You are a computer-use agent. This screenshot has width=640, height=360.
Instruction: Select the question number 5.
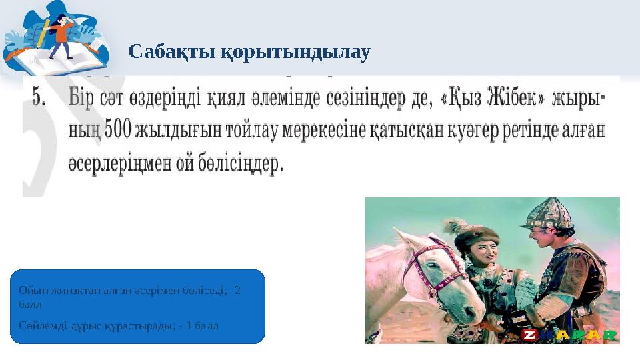pos(39,99)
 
